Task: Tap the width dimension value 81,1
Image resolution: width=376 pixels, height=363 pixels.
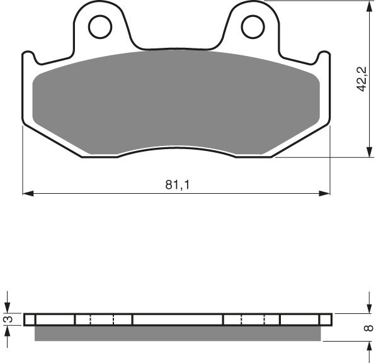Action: click(x=176, y=185)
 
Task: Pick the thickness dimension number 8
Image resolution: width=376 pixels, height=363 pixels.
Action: click(x=368, y=328)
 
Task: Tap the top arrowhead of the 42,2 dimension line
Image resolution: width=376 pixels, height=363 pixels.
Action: click(x=368, y=6)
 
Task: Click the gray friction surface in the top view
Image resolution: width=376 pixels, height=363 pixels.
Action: click(x=176, y=101)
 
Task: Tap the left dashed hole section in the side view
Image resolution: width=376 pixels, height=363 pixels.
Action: click(x=103, y=320)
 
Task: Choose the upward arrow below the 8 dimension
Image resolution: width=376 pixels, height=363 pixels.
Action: click(x=368, y=347)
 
